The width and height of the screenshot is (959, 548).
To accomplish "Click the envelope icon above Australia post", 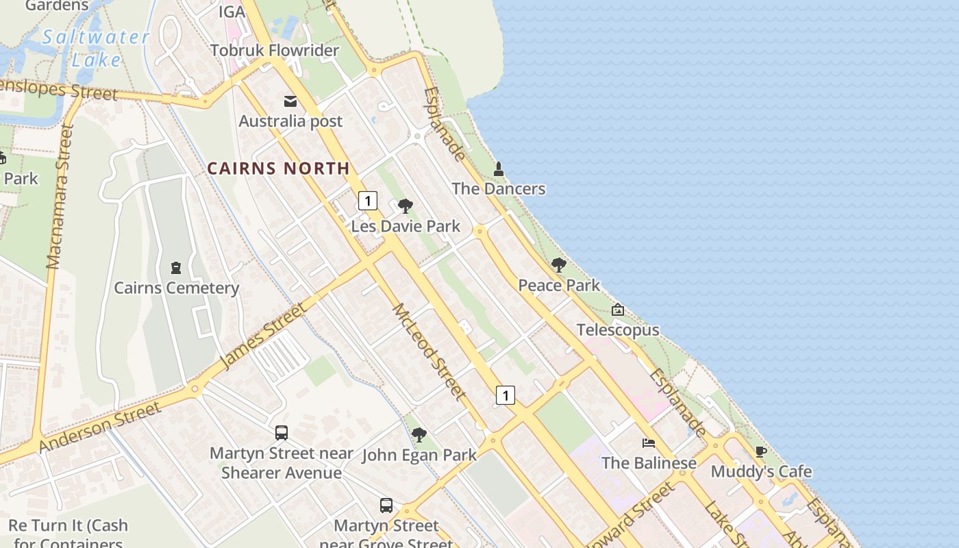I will point(290,101).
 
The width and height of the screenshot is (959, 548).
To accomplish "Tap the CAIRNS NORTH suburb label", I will point(278,168).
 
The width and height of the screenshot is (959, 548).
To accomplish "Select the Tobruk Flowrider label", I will point(275,51).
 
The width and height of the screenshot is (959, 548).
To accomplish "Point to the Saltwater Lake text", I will point(96,48).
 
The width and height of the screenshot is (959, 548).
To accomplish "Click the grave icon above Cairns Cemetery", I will point(176,268).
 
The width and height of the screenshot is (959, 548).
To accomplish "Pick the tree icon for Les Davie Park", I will point(406,206).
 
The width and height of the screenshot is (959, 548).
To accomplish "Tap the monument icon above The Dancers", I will point(499,169).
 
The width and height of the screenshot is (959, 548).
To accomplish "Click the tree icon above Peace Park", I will point(559,265).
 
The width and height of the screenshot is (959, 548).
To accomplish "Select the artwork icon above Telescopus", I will point(618,310).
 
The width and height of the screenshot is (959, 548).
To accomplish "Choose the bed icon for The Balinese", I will point(649,443).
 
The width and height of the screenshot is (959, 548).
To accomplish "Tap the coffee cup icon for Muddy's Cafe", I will point(760,451).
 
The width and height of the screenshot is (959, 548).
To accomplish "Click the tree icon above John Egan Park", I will point(419,434).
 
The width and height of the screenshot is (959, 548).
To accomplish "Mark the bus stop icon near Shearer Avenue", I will point(282,433).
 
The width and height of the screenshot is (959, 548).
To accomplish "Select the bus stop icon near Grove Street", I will point(386,506).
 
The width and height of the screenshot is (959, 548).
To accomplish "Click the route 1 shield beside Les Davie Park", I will point(368,201).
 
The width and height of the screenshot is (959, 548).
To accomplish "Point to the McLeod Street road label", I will point(429,352).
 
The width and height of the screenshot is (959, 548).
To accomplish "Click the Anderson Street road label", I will point(100,427).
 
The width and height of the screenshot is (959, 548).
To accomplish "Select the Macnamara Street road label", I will point(60,197).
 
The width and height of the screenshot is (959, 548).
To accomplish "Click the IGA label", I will point(232,12).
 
